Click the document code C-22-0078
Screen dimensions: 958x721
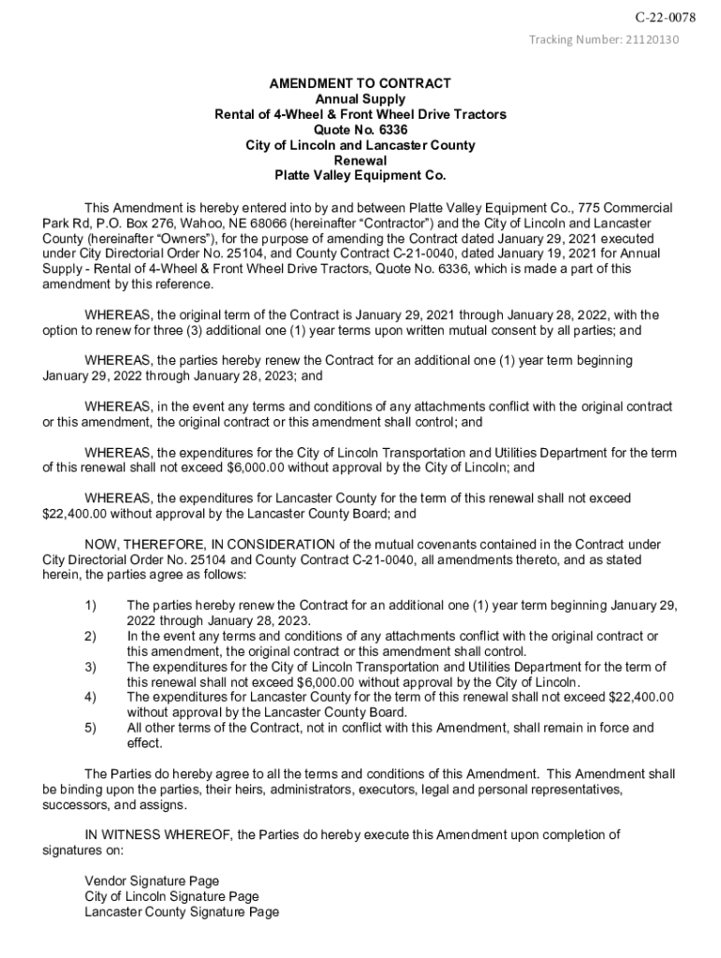tap(665, 18)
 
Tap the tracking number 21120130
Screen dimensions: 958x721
tap(650, 39)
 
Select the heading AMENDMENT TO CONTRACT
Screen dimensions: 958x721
tap(360, 83)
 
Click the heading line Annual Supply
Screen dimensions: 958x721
tap(360, 99)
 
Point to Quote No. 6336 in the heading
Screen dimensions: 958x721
tap(360, 130)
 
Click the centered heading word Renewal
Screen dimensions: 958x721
tap(360, 160)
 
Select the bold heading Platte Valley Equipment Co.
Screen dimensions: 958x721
tap(360, 175)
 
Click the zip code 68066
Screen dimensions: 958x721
tap(257, 223)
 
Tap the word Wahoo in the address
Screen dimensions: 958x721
tap(188, 223)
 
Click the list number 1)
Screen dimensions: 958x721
tap(91, 606)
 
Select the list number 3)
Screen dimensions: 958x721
tap(91, 667)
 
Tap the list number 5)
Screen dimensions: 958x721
tap(91, 728)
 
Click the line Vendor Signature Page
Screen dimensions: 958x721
tap(152, 881)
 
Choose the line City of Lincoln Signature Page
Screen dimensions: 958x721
tap(171, 896)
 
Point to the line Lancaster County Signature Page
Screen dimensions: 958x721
tap(182, 912)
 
